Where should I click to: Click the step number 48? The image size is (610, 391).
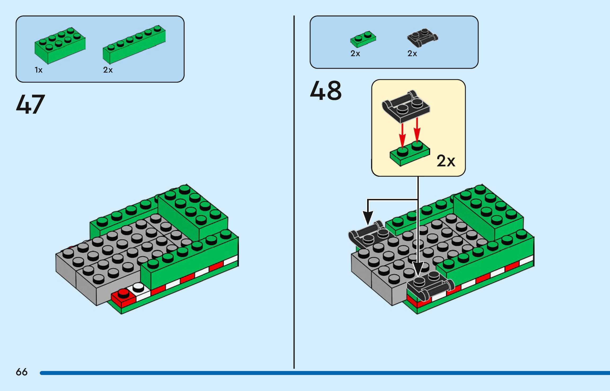click(x=326, y=91)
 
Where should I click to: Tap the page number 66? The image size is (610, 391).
click(x=21, y=372)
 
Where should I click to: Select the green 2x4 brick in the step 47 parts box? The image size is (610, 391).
click(x=60, y=45)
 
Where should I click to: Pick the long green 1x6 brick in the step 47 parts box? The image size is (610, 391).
click(x=134, y=44)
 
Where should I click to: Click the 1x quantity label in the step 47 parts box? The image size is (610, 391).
click(x=39, y=70)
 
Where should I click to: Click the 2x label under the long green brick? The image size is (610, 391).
click(x=108, y=70)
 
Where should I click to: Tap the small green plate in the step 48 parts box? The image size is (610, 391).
click(x=363, y=39)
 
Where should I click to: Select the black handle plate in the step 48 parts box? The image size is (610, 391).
click(x=422, y=38)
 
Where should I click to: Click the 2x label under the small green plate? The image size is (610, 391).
click(x=355, y=54)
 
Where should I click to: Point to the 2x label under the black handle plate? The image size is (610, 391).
click(x=412, y=54)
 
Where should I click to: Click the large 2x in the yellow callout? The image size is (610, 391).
click(x=446, y=161)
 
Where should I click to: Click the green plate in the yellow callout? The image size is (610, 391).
click(x=409, y=154)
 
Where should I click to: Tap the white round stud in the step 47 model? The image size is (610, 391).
click(x=138, y=287)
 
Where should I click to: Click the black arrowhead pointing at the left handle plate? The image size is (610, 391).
click(x=368, y=218)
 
